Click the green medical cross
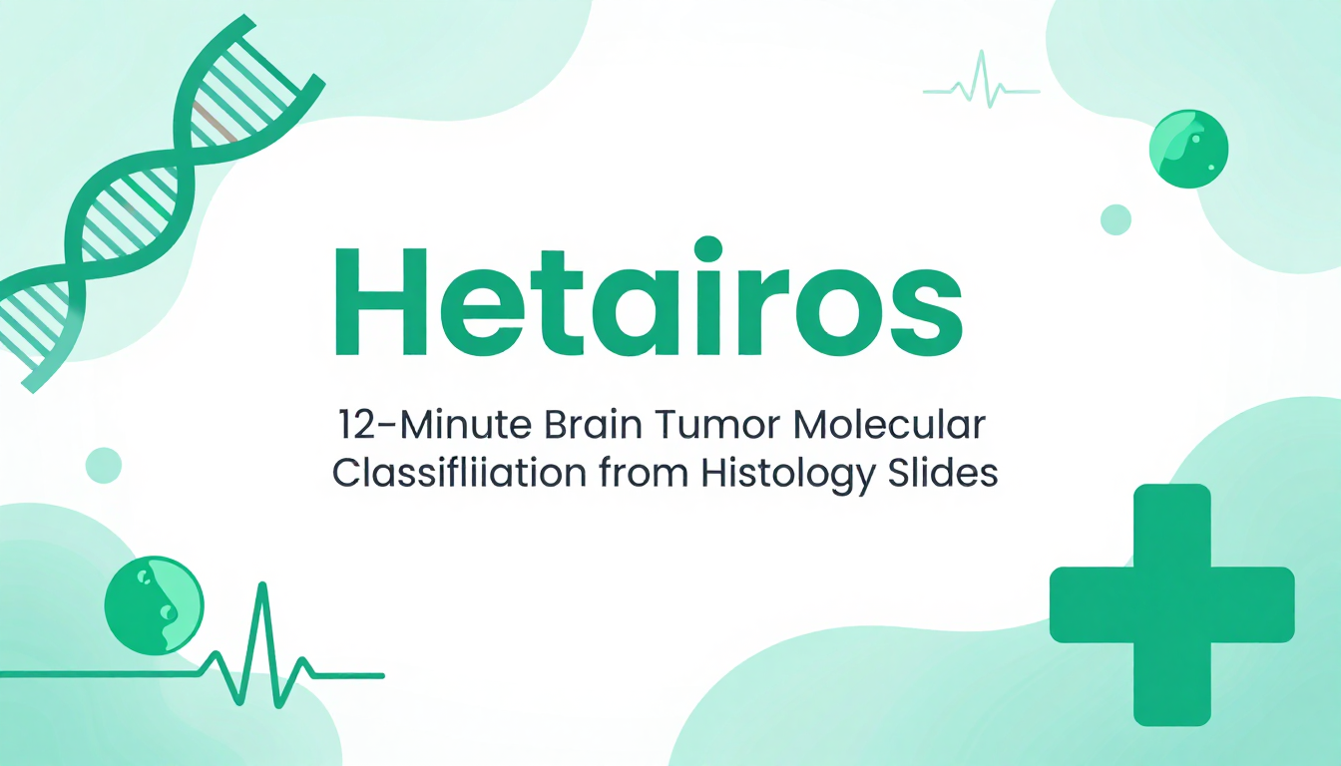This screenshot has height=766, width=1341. tap(1171, 604)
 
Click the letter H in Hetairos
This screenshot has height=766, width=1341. tap(380, 301)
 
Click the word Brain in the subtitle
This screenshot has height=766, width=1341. tap(593, 425)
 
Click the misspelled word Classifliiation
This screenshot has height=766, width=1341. tap(459, 473)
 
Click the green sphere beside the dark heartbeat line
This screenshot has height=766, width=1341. tap(154, 605)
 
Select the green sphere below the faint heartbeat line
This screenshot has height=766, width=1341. tap(1189, 149)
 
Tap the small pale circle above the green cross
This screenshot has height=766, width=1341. tap(1116, 219)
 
